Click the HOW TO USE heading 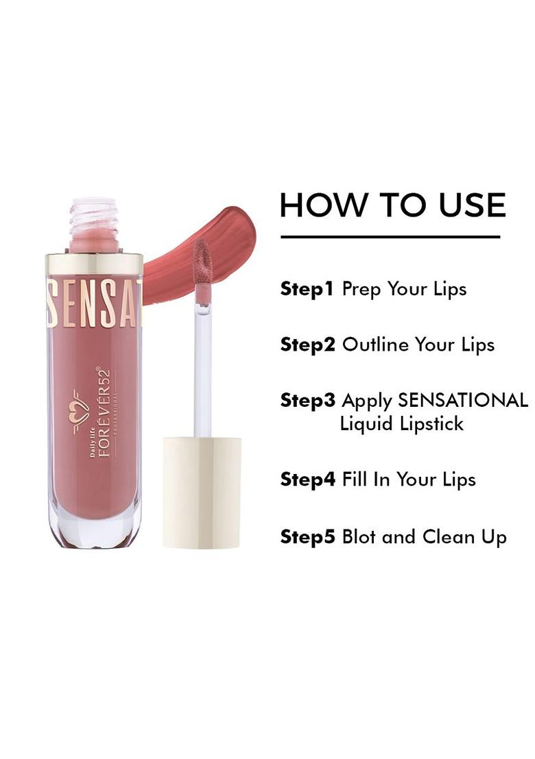[392, 205]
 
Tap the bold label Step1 [307, 288]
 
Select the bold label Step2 [308, 345]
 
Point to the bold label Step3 [308, 400]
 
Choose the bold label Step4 [308, 480]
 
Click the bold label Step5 [308, 536]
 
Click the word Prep [361, 290]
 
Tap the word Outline [374, 345]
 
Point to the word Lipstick [431, 424]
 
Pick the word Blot [359, 536]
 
